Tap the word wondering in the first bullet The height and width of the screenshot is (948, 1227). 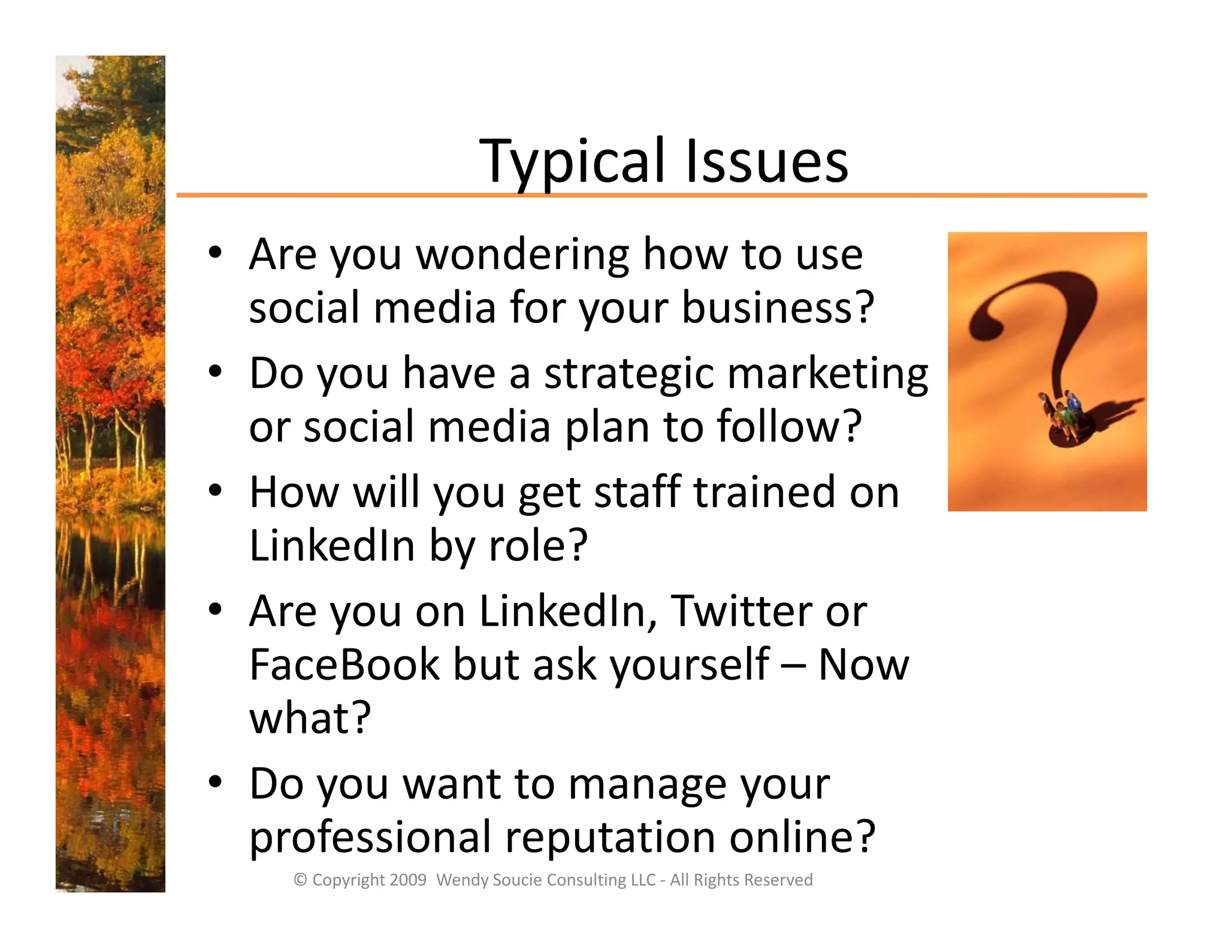point(522,255)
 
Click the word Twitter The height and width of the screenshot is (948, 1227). point(741,612)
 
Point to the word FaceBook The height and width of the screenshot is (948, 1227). point(344,665)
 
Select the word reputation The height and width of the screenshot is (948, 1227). point(610,837)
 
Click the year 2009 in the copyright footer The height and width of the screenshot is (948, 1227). point(407,880)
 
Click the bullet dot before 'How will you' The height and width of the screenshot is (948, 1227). point(215,491)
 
